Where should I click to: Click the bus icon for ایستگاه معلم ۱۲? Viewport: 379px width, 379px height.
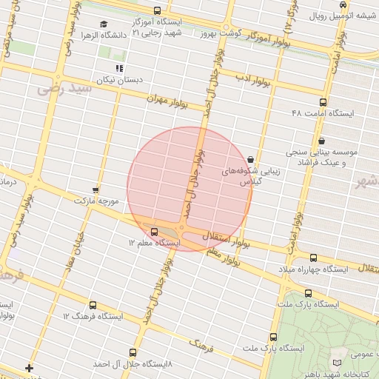click(154, 232)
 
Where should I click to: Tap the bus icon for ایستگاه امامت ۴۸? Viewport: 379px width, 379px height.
click(322, 103)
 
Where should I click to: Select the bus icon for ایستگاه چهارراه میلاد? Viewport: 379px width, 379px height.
click(313, 258)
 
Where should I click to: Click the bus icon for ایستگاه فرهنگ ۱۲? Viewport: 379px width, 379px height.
click(93, 305)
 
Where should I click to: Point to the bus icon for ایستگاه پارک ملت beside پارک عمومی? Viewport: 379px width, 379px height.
click(308, 293)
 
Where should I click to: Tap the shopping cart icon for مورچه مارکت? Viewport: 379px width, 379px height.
click(95, 190)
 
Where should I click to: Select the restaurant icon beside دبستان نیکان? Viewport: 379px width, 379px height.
click(118, 68)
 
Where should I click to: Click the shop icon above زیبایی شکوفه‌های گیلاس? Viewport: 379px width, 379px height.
click(251, 158)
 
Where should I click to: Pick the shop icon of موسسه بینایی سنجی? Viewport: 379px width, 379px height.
click(321, 141)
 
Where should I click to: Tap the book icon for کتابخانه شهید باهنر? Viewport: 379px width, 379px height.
click(338, 360)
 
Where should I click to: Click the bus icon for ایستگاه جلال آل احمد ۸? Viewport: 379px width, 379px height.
click(133, 353)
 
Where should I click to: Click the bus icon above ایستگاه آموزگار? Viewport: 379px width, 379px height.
click(156, 10)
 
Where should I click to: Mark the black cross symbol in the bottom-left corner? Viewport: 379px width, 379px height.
click(29, 368)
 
